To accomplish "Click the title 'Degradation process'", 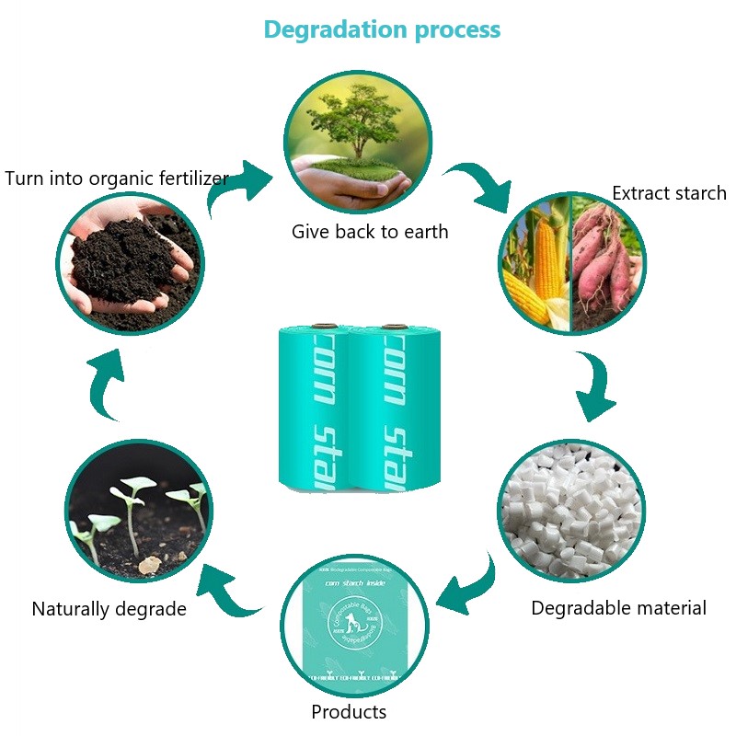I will pyautogui.click(x=382, y=29).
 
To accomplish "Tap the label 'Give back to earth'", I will pyautogui.click(x=370, y=232).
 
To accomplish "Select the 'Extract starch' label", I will pyautogui.click(x=669, y=193).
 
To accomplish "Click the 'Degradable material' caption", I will pyautogui.click(x=618, y=608).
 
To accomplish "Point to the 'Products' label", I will pyautogui.click(x=349, y=711).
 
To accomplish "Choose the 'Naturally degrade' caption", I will pyautogui.click(x=109, y=609).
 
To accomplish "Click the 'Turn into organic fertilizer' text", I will pyautogui.click(x=116, y=178).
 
